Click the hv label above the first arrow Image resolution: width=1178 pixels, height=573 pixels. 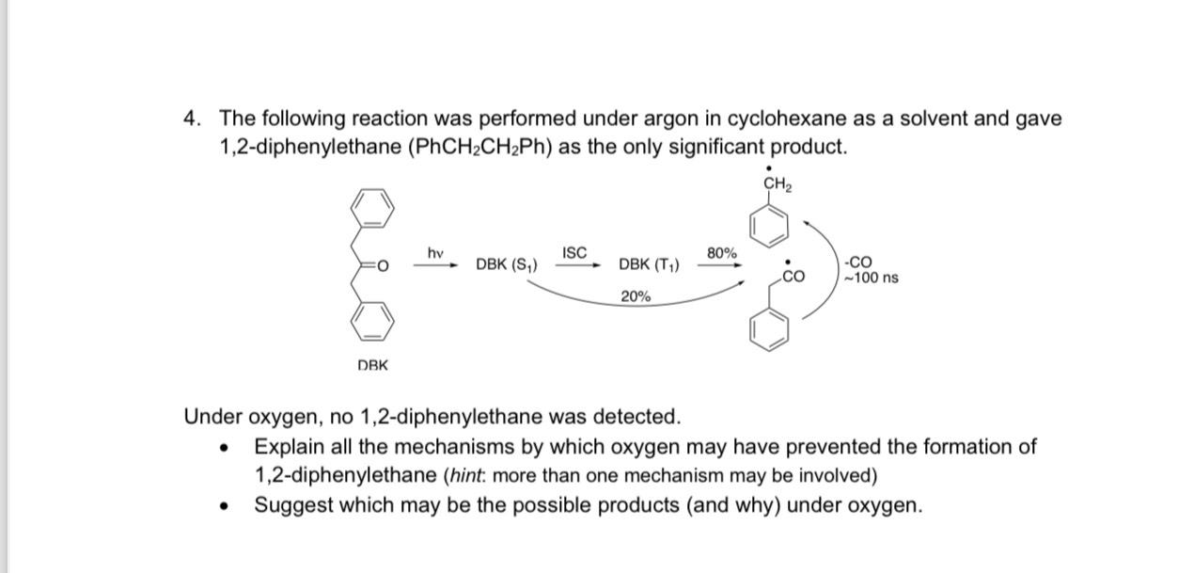point(435,253)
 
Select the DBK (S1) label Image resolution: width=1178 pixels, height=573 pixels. point(507,264)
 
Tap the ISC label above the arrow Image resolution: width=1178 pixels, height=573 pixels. point(574,252)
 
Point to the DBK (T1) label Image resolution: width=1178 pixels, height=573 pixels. point(649,264)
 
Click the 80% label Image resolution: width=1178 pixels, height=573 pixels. point(721,253)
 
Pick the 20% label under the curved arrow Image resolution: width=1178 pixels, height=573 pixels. point(636,296)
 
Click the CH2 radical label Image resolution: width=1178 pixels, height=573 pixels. point(777,184)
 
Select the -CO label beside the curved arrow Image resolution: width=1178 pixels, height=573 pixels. point(859,262)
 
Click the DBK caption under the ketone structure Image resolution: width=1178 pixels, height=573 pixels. point(372,365)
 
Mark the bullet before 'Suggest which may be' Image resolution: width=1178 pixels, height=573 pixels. point(224,506)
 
